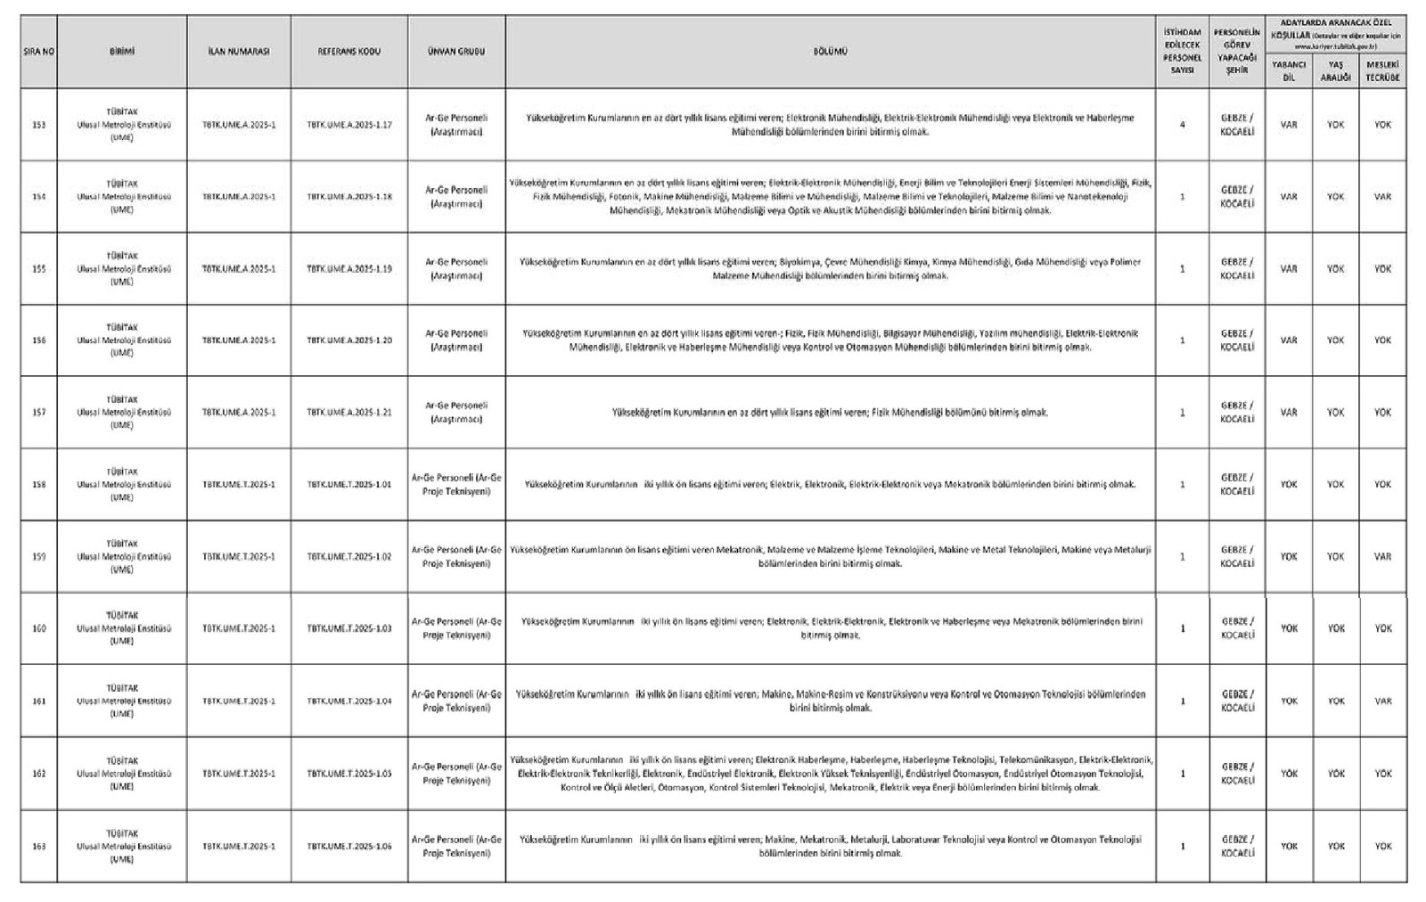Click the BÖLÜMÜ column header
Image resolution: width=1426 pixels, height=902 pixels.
point(830,52)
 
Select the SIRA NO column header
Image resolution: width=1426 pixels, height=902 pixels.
point(39,52)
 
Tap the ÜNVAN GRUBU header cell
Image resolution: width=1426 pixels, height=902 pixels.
point(456,52)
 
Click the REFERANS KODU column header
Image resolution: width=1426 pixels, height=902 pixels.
point(349,52)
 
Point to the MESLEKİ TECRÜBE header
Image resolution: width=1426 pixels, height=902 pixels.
point(1382,71)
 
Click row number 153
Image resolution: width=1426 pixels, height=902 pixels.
point(39,125)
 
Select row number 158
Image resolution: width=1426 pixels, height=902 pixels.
point(39,485)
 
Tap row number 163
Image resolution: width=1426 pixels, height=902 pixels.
point(39,846)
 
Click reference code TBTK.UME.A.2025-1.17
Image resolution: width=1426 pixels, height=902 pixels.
point(349,125)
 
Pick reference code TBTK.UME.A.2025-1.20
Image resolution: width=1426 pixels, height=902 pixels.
point(349,340)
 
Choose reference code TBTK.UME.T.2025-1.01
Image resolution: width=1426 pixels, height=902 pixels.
point(349,485)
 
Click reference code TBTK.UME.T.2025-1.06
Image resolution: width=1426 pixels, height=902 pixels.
point(349,846)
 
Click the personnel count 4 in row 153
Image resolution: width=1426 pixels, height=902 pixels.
point(1182,125)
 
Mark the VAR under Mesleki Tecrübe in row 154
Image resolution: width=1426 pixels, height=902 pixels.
point(1382,197)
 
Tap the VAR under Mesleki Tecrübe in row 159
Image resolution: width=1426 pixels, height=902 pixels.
point(1382,557)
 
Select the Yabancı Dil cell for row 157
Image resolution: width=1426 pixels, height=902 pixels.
point(1288,413)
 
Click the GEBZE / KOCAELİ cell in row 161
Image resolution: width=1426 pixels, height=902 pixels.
point(1237,701)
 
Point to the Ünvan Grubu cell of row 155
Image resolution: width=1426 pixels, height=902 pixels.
point(456,268)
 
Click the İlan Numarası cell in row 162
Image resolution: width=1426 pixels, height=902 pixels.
point(239,774)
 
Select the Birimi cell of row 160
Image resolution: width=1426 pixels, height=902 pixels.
point(122,628)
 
